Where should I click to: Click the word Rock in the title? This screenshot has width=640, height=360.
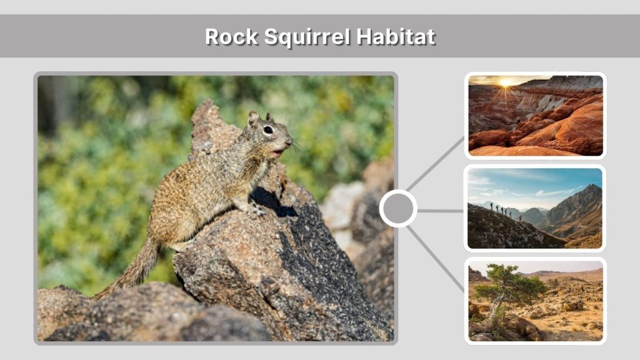pos(231,37)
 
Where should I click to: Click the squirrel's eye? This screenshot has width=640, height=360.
pos(268,130)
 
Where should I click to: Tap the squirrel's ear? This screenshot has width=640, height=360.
pos(253,119)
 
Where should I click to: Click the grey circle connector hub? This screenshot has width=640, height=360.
pos(398,209)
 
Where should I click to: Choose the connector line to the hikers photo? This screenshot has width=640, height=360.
pos(441,211)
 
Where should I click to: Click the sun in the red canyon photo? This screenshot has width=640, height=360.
pos(505,82)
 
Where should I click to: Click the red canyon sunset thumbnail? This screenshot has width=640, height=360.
pos(536,116)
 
